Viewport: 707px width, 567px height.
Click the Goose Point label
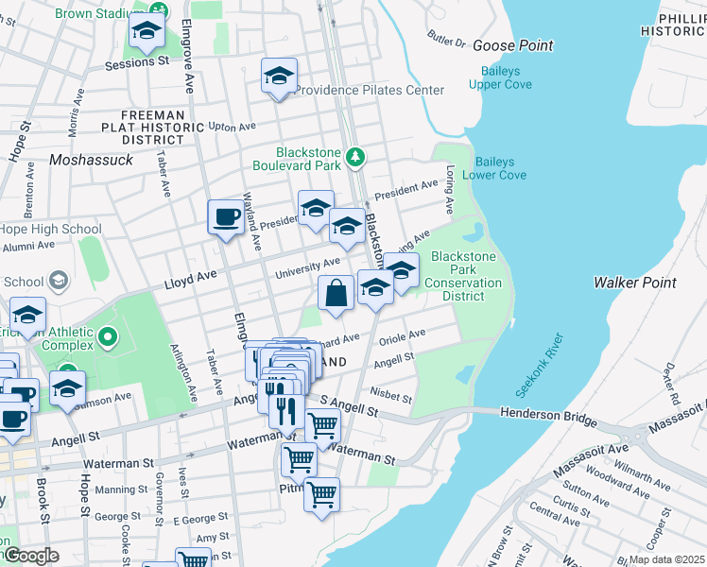512,45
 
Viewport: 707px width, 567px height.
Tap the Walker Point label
634,283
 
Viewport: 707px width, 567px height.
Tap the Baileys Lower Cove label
500,168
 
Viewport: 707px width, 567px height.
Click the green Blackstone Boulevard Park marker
356,158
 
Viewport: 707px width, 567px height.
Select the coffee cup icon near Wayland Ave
226,217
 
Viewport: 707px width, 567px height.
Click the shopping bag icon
336,294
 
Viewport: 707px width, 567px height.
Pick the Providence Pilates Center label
370,91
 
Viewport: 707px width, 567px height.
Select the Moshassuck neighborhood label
92,160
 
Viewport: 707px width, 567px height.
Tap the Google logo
31,556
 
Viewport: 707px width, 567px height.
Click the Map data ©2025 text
666,559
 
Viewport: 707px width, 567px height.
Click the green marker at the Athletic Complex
108,335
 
